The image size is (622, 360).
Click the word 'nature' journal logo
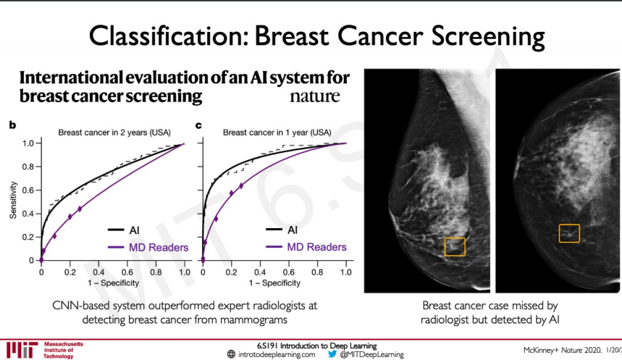tap(314, 96)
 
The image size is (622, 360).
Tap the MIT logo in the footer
tap(22, 350)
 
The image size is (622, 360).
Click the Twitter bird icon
tap(332, 354)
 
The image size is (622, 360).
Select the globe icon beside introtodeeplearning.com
tap(231, 354)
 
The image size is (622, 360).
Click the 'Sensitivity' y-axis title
tap(14, 200)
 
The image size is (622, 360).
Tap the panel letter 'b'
tap(13, 125)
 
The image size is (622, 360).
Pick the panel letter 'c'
tap(198, 125)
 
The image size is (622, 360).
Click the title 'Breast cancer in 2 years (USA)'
tap(114, 133)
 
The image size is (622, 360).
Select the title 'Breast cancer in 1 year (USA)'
tap(277, 133)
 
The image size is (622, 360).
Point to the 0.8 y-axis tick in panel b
tap(28, 167)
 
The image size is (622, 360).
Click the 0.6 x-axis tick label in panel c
tap(288, 272)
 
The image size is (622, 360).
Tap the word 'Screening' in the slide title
tap(488, 36)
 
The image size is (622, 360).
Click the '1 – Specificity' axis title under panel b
tap(114, 283)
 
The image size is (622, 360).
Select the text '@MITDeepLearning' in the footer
tap(371, 354)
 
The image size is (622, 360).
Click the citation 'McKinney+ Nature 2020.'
tap(563, 350)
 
